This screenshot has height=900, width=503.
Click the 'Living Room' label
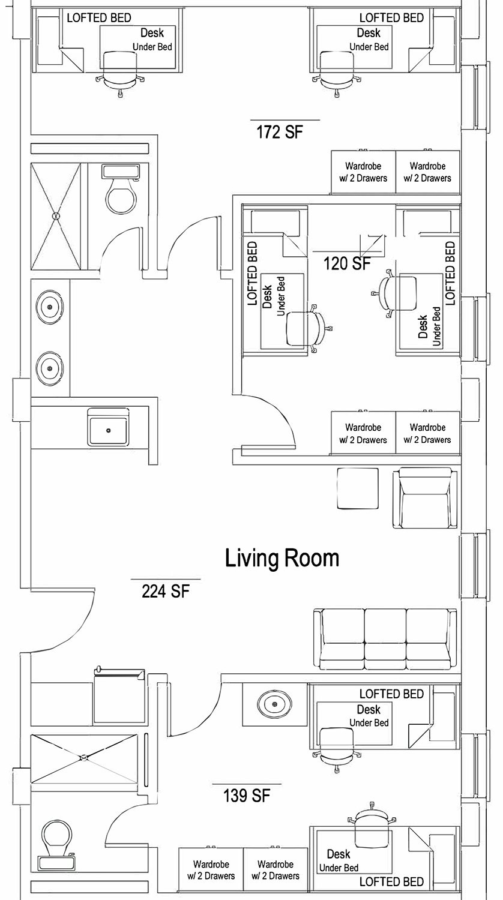pyautogui.click(x=282, y=559)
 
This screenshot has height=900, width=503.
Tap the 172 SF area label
pyautogui.click(x=280, y=132)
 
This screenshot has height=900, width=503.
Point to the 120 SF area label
pyautogui.click(x=347, y=263)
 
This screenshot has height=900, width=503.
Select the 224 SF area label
pyautogui.click(x=165, y=591)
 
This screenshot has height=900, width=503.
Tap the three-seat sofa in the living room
pyautogui.click(x=385, y=639)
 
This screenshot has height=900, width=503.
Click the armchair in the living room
pyautogui.click(x=426, y=498)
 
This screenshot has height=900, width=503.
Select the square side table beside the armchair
pyautogui.click(x=358, y=488)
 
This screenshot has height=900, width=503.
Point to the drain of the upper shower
pyautogui.click(x=56, y=216)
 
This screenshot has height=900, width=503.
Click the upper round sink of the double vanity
pyautogui.click(x=50, y=307)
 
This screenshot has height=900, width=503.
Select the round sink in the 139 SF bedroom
pyautogui.click(x=275, y=704)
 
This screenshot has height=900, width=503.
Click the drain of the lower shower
pyautogui.click(x=84, y=758)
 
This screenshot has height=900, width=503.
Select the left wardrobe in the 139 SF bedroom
pyautogui.click(x=211, y=870)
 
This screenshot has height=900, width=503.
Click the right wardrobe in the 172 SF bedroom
pyautogui.click(x=428, y=172)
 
